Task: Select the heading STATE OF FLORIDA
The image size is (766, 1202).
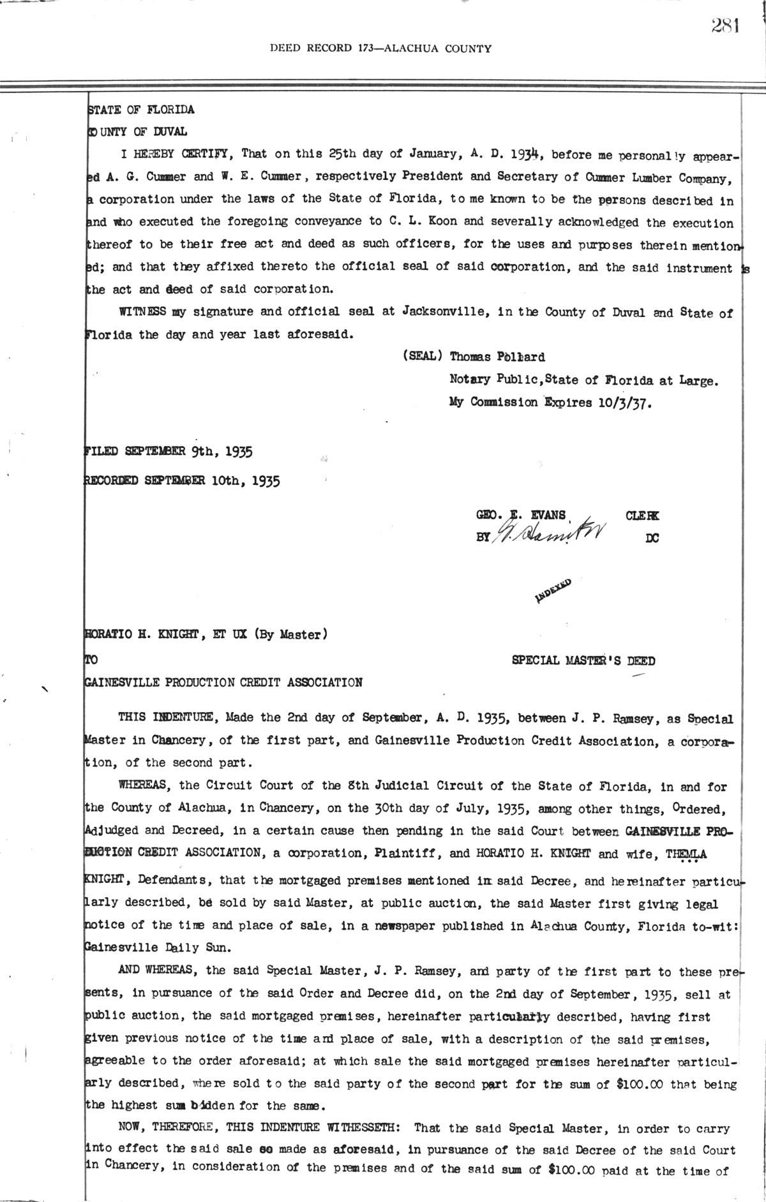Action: [140, 109]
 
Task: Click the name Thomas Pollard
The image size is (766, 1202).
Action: [497, 357]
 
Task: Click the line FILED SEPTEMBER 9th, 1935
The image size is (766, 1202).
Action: [169, 452]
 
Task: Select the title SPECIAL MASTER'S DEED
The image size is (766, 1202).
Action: [583, 661]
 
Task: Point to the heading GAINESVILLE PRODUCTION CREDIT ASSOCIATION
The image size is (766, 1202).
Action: [223, 682]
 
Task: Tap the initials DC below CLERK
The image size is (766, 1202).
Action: [652, 538]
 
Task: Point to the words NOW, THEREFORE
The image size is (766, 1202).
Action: [166, 1128]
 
